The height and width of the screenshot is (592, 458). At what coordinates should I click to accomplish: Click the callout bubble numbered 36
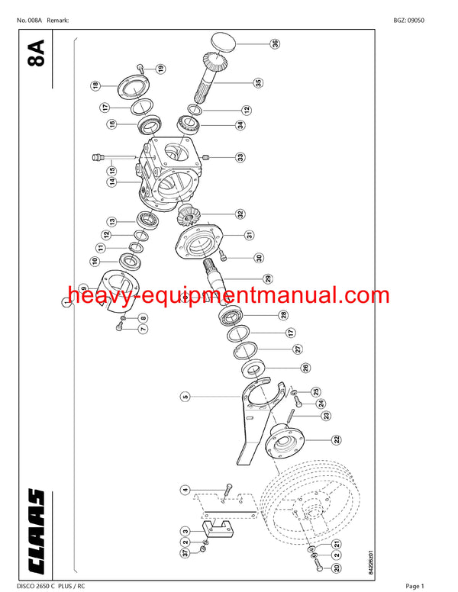[x=275, y=44]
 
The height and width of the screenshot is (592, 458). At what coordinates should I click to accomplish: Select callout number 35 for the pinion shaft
[x=258, y=82]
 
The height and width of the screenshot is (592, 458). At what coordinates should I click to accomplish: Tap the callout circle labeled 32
[x=240, y=214]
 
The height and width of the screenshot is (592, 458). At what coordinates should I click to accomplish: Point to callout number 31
[x=249, y=235]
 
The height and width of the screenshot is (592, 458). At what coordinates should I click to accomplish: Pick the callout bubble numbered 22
[x=336, y=439]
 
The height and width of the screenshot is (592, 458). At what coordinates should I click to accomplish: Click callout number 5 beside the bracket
[x=184, y=396]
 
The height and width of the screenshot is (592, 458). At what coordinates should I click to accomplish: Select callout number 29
[x=267, y=278]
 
